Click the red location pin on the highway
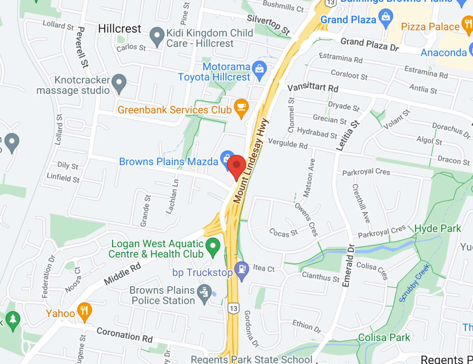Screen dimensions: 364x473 pos(237,166)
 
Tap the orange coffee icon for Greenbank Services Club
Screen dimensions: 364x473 pos(241,108)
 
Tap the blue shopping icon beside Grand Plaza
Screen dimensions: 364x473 pos(385,18)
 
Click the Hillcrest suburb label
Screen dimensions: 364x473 pos(119,29)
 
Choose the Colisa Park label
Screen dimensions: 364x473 pos(384,338)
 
